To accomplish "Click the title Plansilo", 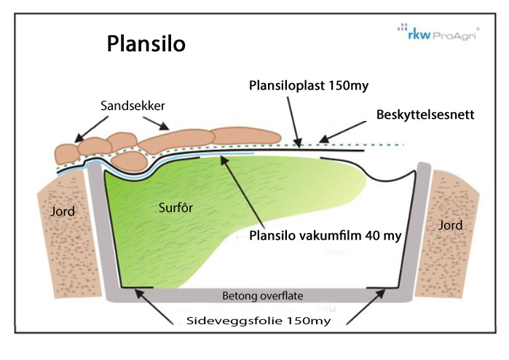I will pyautogui.click(x=146, y=43).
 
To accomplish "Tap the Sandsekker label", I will pyautogui.click(x=132, y=106).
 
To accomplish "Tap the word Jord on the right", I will pyautogui.click(x=451, y=225).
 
